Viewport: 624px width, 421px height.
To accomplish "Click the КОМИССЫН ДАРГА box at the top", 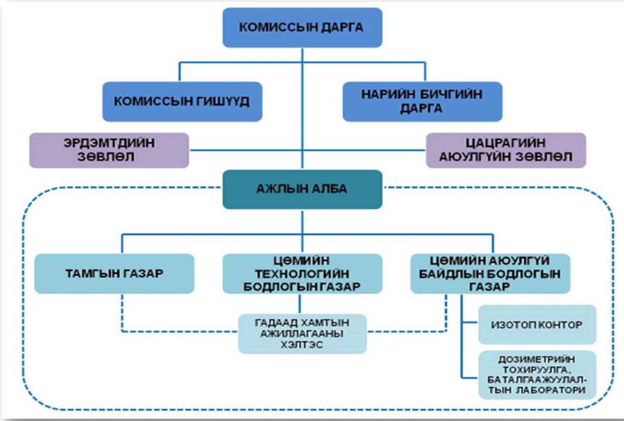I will pyautogui.click(x=302, y=27).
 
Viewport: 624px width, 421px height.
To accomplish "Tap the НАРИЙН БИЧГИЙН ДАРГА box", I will pyautogui.click(x=422, y=101).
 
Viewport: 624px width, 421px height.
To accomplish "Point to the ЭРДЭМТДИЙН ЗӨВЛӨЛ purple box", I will pyautogui.click(x=109, y=150).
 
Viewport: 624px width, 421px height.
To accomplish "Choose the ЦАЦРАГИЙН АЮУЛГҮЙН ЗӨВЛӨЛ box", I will pyautogui.click(x=505, y=150).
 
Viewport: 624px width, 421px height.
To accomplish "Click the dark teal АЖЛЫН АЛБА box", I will pyautogui.click(x=302, y=189).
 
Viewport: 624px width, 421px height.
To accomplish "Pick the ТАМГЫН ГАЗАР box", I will pyautogui.click(x=114, y=274).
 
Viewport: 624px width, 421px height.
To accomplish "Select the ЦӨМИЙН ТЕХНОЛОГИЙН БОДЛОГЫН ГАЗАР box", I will pyautogui.click(x=302, y=274).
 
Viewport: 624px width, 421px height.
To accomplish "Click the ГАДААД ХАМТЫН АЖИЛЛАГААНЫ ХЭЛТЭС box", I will pyautogui.click(x=302, y=334).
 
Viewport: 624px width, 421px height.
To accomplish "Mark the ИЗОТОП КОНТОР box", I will pyautogui.click(x=536, y=325).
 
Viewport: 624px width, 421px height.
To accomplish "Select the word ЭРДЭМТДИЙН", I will pyautogui.click(x=109, y=143).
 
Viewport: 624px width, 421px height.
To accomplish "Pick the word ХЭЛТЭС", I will pyautogui.click(x=302, y=345).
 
